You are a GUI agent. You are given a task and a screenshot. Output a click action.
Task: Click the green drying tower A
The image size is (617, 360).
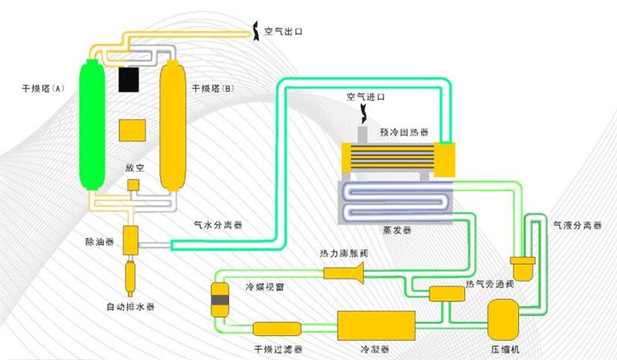(93, 125)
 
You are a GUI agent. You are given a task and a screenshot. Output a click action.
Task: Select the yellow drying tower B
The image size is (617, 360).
(173, 126)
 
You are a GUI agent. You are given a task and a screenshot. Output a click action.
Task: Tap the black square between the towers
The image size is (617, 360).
(129, 80)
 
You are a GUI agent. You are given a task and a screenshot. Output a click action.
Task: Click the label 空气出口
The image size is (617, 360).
(284, 32)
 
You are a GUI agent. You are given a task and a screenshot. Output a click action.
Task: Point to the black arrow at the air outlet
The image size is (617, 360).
(256, 31)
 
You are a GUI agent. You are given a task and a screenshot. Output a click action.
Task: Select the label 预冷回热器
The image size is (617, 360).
(404, 132)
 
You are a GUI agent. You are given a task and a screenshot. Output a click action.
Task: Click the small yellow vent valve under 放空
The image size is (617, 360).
(133, 185)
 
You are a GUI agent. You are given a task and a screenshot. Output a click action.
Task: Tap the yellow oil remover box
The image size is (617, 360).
(130, 240)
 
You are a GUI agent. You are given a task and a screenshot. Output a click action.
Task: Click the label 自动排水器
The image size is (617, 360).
(130, 307)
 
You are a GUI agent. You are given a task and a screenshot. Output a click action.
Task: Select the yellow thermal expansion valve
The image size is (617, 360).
(343, 273)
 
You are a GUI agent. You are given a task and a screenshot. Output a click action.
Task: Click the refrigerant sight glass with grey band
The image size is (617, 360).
(220, 300)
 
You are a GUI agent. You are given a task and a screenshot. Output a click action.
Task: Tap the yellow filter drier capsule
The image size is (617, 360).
(277, 329)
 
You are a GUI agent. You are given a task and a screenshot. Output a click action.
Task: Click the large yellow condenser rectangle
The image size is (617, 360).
(376, 325)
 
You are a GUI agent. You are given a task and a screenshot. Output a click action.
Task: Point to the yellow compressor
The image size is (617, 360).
(503, 319)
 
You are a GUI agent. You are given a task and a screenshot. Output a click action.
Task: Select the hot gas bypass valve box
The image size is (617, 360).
(447, 294)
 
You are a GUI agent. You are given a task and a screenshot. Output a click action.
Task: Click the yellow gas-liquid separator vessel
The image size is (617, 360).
(523, 268)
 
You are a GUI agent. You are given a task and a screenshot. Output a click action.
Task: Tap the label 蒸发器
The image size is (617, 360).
(397, 230)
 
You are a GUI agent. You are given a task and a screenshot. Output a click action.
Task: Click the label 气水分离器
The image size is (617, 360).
(218, 225)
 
